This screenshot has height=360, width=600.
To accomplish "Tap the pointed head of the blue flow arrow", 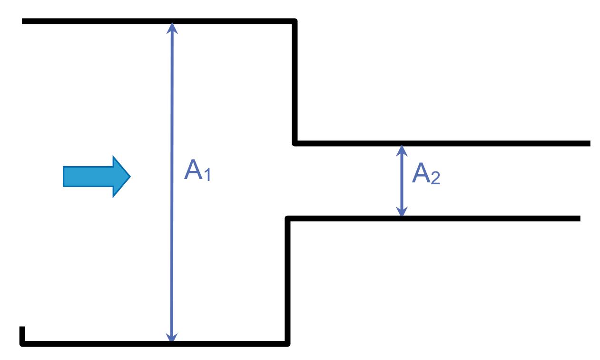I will [125, 176].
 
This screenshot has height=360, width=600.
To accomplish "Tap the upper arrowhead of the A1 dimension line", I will [172, 28].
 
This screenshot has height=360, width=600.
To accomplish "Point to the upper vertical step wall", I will [295, 81].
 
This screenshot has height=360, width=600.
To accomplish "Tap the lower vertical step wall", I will [287, 281].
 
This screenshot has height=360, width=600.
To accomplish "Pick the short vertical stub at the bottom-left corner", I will [22, 334].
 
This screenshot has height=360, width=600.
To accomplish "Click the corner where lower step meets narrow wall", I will [288, 219].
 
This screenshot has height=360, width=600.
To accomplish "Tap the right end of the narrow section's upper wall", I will [588, 143].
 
